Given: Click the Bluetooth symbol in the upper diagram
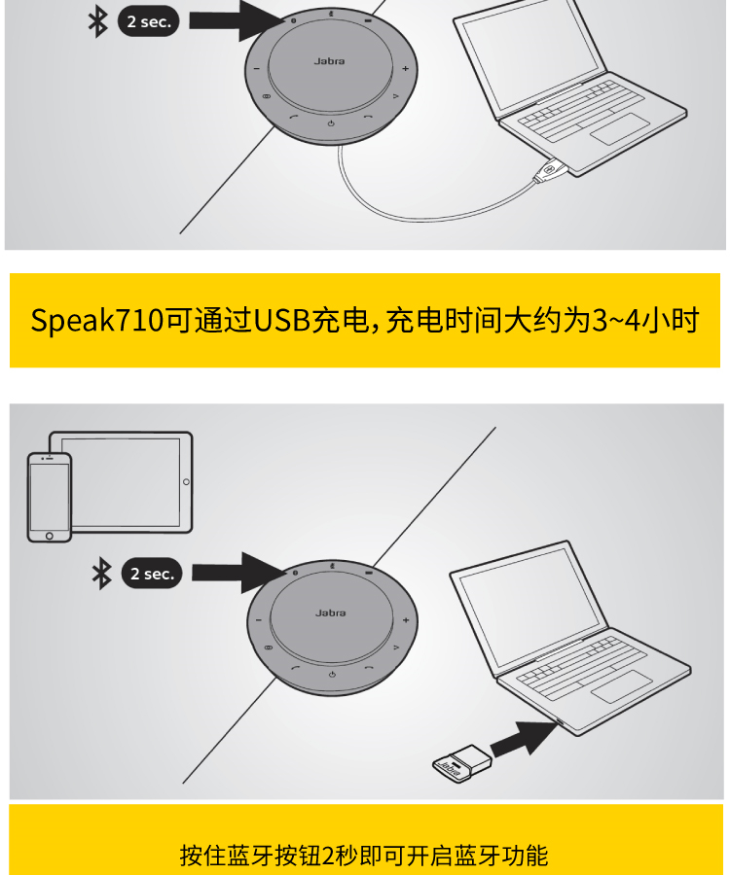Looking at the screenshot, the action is (98, 21).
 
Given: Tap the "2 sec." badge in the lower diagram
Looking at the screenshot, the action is (152, 573).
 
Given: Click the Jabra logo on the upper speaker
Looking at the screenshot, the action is (329, 61).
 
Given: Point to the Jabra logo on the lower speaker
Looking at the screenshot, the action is (330, 612).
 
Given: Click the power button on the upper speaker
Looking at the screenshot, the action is (331, 123).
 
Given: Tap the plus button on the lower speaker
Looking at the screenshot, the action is (406, 620).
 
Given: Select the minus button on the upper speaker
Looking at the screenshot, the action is (257, 69).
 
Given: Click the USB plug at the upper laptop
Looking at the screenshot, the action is (550, 169).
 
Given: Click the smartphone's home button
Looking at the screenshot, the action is (49, 536).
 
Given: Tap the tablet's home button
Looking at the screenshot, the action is (186, 481).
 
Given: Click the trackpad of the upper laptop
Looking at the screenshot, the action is (619, 128).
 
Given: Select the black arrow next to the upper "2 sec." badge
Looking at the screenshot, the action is (237, 20).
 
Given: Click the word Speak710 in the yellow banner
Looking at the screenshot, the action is (97, 321).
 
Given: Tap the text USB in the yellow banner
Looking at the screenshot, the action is (282, 320).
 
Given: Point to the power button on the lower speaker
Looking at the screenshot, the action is (332, 675).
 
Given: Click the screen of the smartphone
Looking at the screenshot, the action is (49, 496).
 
